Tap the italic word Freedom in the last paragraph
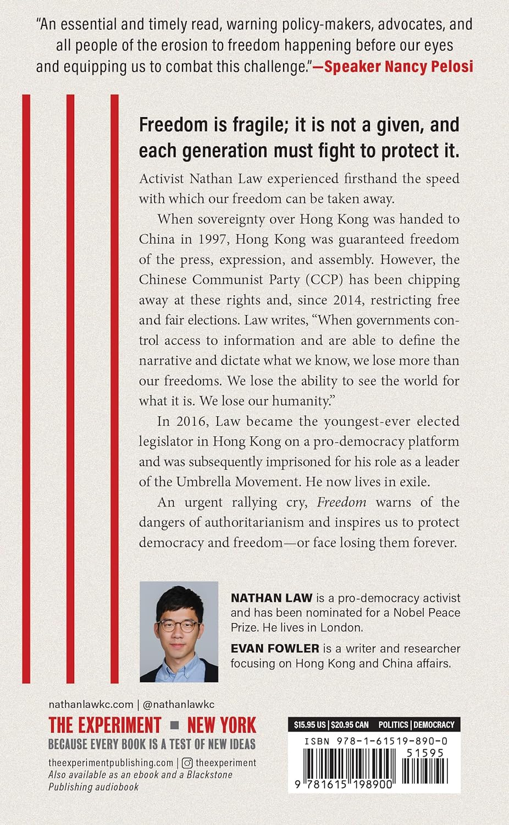tap(341, 502)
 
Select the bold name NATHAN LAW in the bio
tap(271, 598)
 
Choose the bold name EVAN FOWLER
tap(275, 648)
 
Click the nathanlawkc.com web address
tap(91, 705)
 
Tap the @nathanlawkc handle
tap(178, 705)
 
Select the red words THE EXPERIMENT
tap(105, 725)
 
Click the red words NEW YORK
tap(222, 725)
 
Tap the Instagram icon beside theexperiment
tap(187, 763)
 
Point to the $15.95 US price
tap(309, 725)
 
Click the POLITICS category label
tap(393, 725)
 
